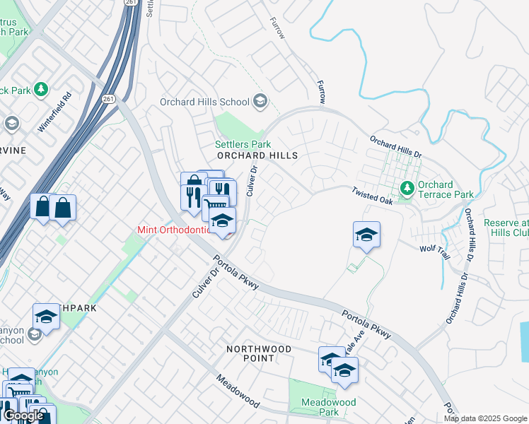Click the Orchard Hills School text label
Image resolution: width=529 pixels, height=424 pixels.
(x=204, y=102)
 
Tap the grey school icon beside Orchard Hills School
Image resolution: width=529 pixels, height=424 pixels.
(x=260, y=102)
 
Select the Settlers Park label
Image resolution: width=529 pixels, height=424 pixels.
(x=238, y=143)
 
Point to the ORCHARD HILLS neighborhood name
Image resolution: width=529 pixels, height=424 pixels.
(x=256, y=155)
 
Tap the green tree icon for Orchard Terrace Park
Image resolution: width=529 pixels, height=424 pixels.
(x=407, y=188)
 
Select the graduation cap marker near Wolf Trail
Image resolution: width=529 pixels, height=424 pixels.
(x=366, y=235)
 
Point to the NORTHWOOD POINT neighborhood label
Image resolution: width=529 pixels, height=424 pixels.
(x=259, y=353)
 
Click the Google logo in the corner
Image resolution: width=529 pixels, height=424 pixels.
(x=23, y=416)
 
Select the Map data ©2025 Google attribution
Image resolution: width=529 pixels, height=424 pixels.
(x=485, y=418)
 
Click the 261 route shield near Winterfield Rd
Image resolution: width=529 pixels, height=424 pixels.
(x=107, y=98)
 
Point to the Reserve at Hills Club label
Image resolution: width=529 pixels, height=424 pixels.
(x=506, y=227)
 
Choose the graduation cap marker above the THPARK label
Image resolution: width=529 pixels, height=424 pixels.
(x=46, y=317)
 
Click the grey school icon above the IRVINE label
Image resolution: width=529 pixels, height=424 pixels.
(x=11, y=124)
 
